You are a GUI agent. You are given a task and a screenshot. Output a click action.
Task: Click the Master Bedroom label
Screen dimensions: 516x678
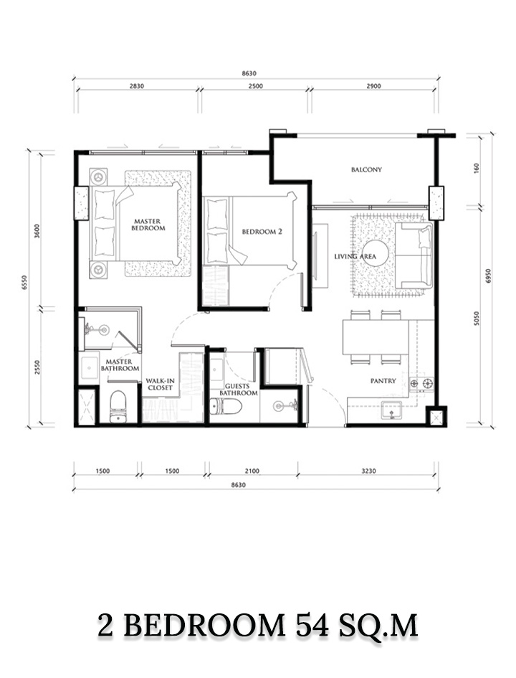point(148,225)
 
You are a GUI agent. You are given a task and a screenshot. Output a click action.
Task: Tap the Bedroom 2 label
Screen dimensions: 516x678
point(262,232)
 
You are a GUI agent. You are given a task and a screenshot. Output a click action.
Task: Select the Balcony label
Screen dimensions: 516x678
point(366,169)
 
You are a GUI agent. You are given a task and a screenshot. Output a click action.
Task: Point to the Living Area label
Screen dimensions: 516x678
point(355,256)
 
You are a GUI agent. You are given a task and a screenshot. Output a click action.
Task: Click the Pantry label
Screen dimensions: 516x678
point(383,381)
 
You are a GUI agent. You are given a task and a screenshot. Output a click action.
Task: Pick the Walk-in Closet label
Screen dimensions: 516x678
point(161,384)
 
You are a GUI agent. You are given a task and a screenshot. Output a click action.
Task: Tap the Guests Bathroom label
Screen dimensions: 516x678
point(239,389)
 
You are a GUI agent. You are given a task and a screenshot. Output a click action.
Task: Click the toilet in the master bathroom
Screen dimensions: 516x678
point(118,407)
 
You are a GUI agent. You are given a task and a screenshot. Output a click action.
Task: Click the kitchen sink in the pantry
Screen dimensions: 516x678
point(391,410)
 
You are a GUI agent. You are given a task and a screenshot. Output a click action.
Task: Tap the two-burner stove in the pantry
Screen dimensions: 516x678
point(421,383)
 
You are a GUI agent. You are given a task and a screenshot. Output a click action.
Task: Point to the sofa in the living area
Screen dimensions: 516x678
point(414,255)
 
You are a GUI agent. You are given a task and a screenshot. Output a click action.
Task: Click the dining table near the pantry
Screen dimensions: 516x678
point(376,336)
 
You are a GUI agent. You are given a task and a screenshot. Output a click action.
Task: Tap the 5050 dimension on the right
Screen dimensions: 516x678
point(477,319)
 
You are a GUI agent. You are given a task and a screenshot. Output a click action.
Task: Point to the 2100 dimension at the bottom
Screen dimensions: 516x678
point(252,471)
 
